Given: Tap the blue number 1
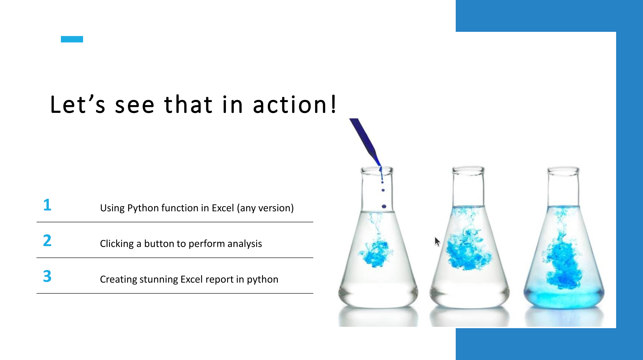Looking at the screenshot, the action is (47, 205).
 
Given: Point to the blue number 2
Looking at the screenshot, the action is (47, 240).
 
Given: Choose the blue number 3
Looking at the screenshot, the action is (47, 276).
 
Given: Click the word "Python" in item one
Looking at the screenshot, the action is (143, 208).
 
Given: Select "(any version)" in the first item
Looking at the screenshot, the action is (265, 208).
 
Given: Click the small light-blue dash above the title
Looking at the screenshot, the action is (72, 39).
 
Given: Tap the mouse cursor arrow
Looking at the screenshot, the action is (437, 242).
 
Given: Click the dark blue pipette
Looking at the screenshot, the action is (365, 142).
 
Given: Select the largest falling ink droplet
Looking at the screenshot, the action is (384, 206).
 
